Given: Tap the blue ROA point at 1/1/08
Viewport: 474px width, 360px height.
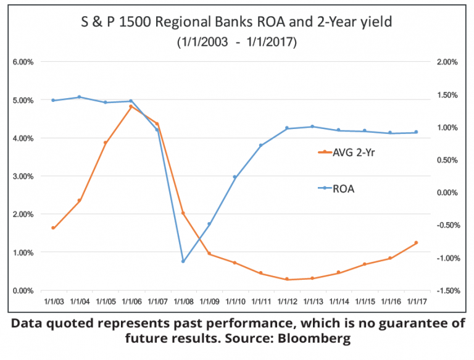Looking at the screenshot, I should [183, 261].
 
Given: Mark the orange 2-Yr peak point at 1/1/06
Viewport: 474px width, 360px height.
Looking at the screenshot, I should [131, 106].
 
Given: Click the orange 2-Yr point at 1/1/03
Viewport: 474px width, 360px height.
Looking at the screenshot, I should [53, 228].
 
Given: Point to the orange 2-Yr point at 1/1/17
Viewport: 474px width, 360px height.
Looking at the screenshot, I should [416, 243].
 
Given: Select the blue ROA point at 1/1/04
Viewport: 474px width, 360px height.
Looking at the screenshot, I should [79, 97].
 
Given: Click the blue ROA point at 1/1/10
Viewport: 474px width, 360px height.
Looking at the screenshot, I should [235, 177].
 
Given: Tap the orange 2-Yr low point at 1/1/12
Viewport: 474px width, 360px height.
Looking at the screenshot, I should [286, 280].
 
